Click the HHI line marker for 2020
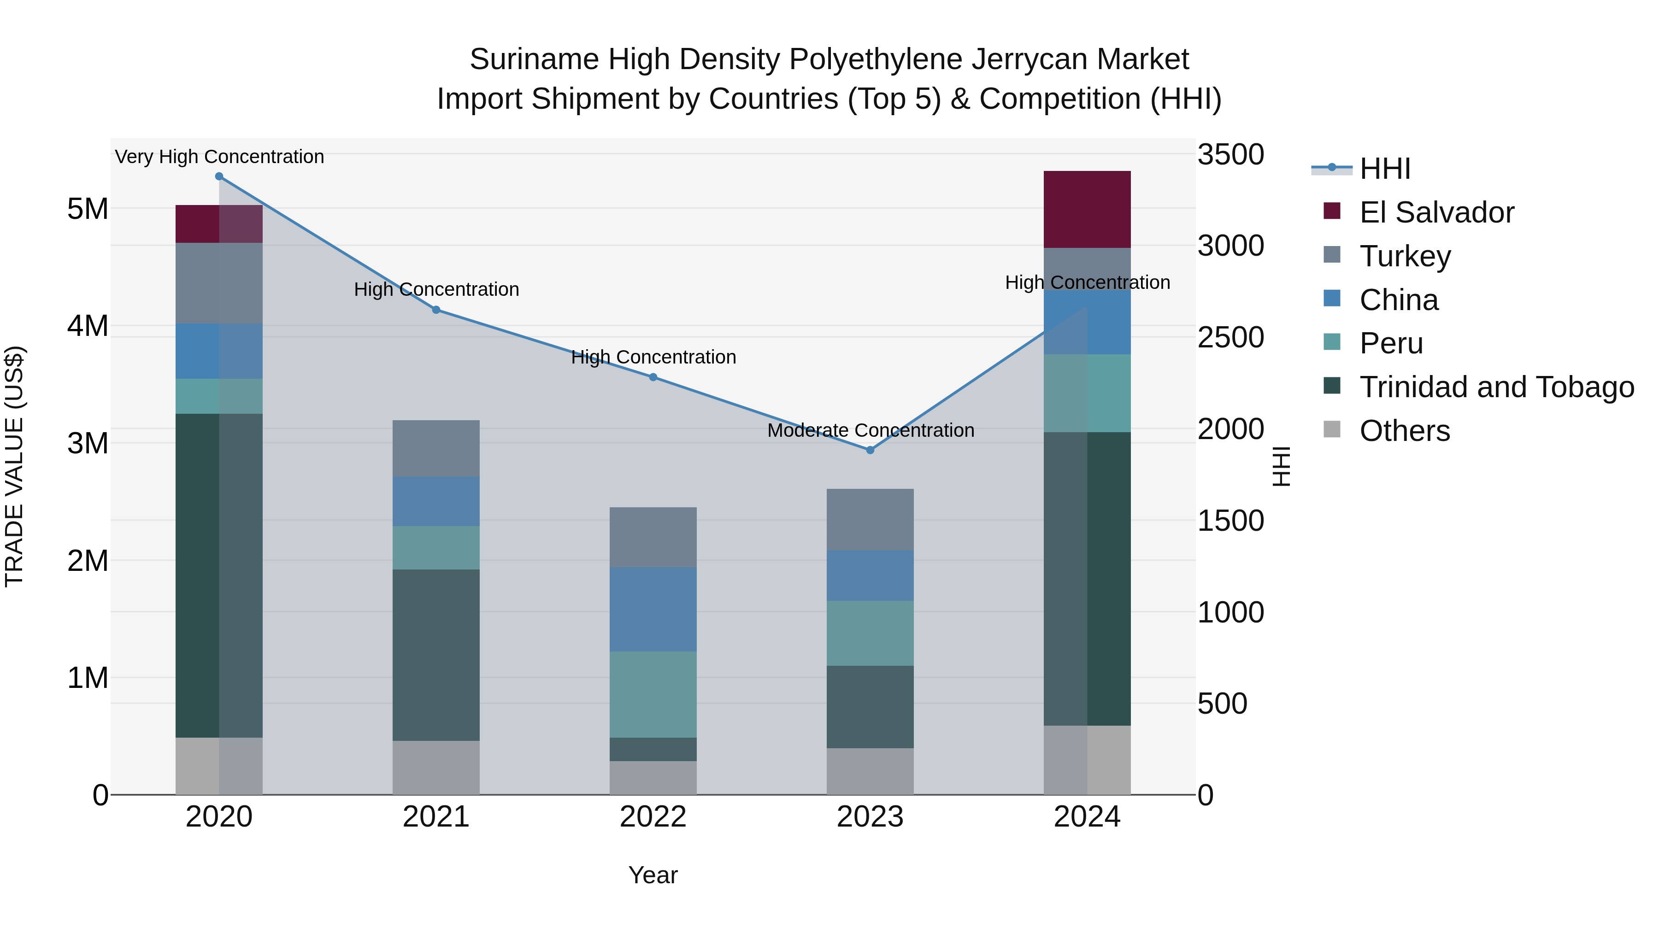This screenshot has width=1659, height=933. [x=219, y=176]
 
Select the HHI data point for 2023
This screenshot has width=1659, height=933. [x=870, y=450]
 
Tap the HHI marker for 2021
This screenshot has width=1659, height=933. [x=436, y=310]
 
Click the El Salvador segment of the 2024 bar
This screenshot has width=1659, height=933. [x=1087, y=209]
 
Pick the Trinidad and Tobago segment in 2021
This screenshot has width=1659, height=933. [x=436, y=655]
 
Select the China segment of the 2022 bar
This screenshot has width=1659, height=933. [x=653, y=609]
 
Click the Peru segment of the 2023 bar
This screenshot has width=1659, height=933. [x=870, y=633]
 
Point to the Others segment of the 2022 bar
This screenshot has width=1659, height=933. [x=653, y=778]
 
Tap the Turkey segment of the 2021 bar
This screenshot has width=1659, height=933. [x=436, y=448]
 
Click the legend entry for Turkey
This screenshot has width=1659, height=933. [x=1405, y=256]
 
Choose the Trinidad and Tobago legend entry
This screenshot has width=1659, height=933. [x=1496, y=387]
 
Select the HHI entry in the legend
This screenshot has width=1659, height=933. [x=1385, y=169]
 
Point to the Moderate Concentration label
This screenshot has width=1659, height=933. [x=871, y=430]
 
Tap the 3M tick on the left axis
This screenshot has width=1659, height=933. [x=88, y=443]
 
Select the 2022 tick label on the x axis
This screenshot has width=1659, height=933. [x=653, y=817]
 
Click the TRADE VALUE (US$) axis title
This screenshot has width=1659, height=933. [x=14, y=466]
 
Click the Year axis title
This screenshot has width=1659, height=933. [x=653, y=875]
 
